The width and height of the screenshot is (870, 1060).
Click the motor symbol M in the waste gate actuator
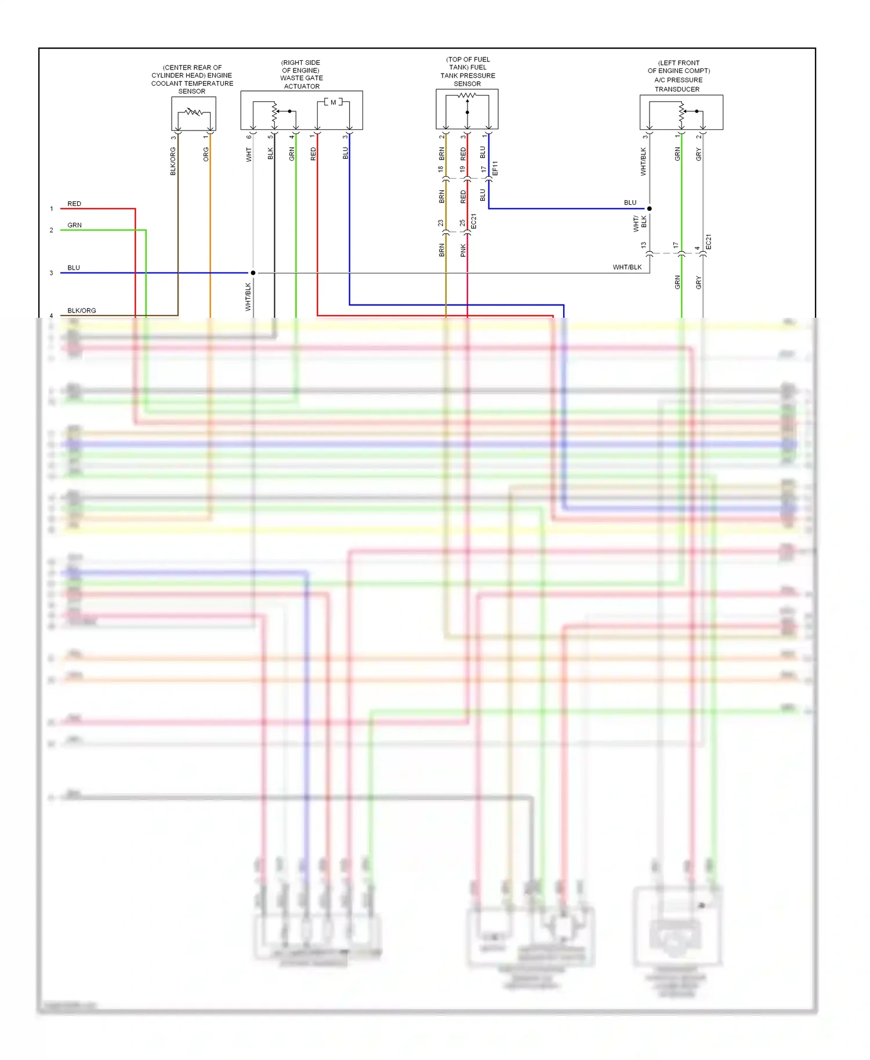coord(333,103)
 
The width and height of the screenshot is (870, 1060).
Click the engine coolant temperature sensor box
coord(194,114)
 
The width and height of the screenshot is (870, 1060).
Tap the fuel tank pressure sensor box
coord(467,109)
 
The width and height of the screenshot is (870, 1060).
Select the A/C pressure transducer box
coord(681,112)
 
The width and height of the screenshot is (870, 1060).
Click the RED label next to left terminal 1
coord(74,204)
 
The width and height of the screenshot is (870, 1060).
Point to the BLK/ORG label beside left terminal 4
coord(81,311)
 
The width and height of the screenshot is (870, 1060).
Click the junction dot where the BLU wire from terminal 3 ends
coord(253,273)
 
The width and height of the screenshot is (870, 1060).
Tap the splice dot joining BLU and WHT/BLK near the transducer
coord(650,209)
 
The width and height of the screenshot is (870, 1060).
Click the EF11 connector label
coord(495,169)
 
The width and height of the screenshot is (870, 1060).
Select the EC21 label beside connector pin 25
coord(474,222)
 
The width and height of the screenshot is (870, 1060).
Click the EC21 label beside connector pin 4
coord(708,242)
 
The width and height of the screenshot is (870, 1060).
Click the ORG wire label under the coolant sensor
coord(206,154)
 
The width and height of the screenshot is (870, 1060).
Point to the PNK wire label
coord(463,251)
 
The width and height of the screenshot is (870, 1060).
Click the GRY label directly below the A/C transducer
coord(698,154)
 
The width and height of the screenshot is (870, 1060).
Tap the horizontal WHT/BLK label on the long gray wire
coord(627,267)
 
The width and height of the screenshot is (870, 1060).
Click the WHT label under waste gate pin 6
coord(249,154)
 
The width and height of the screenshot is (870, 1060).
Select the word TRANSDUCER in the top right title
coord(677,89)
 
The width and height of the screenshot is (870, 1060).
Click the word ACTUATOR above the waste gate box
coord(302,86)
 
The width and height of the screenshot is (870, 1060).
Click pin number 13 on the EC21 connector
coord(643,245)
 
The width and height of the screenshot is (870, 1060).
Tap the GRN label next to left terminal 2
coord(74,226)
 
